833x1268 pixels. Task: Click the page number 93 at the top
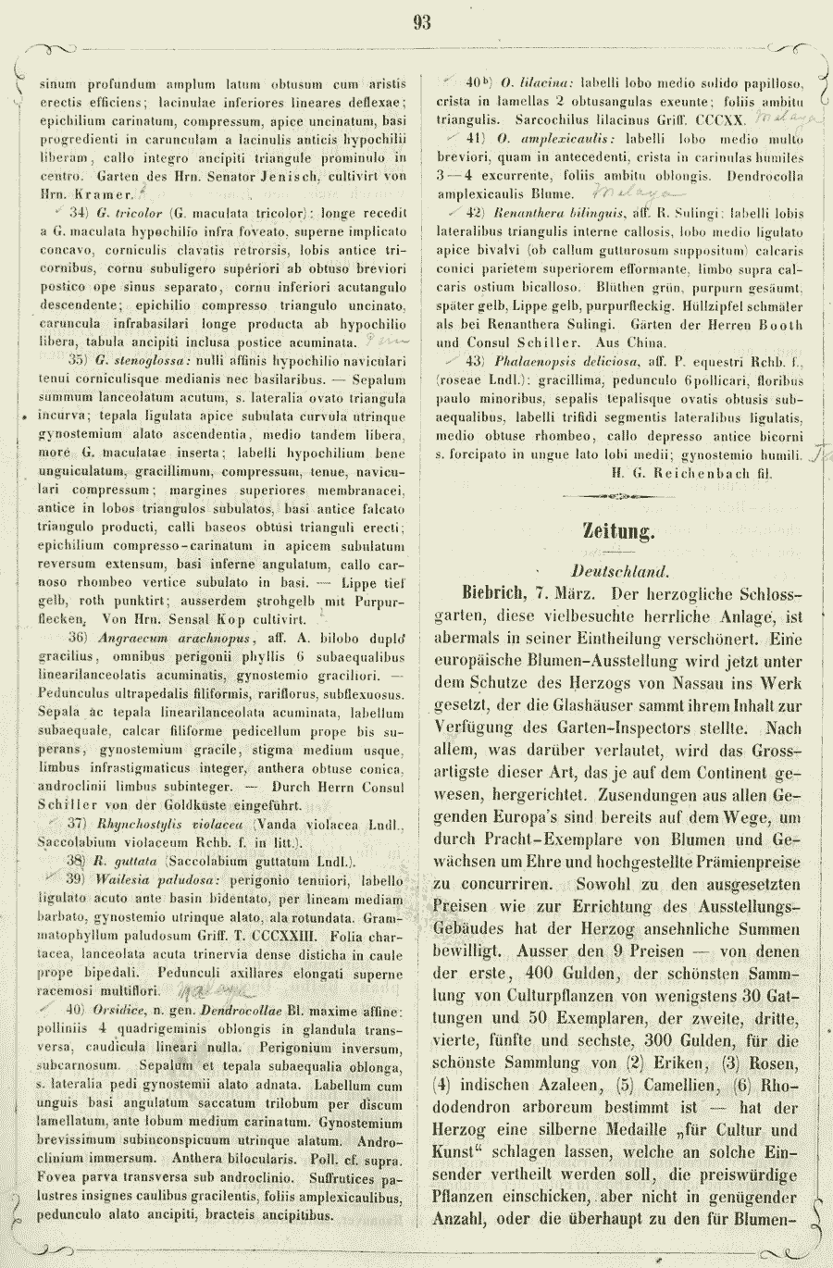422,23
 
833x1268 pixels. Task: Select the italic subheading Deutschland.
619,572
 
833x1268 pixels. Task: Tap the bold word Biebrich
486,593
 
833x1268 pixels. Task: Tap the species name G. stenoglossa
143,360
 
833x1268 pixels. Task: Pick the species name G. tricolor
122,213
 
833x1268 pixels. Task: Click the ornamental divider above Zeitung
618,496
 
